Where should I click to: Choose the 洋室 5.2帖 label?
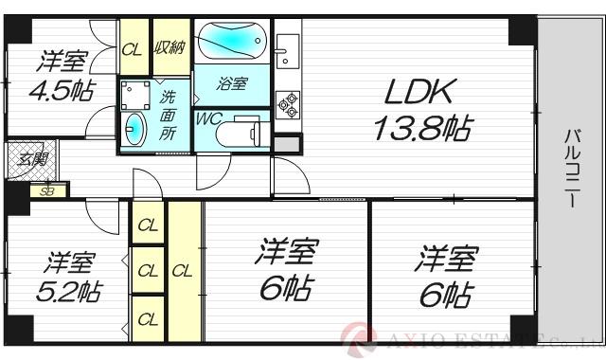(68, 274)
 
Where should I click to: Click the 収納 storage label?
(169, 47)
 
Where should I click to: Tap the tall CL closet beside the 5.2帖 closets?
(184, 271)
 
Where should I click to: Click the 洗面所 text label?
(168, 114)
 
